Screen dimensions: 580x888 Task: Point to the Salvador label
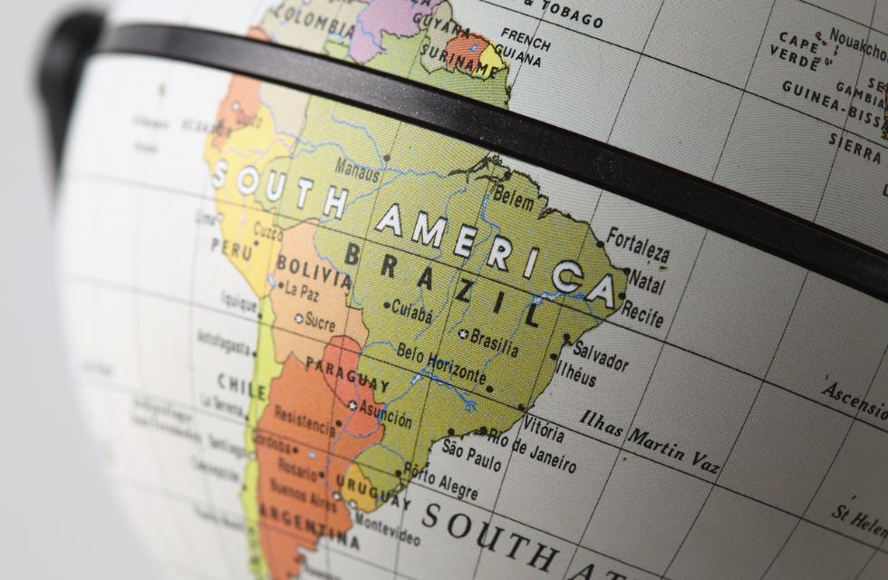(x=600, y=355)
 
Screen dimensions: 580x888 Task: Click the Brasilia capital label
(x=494, y=343)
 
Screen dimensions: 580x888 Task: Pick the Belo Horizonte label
(x=442, y=362)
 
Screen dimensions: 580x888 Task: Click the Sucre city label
(x=320, y=320)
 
